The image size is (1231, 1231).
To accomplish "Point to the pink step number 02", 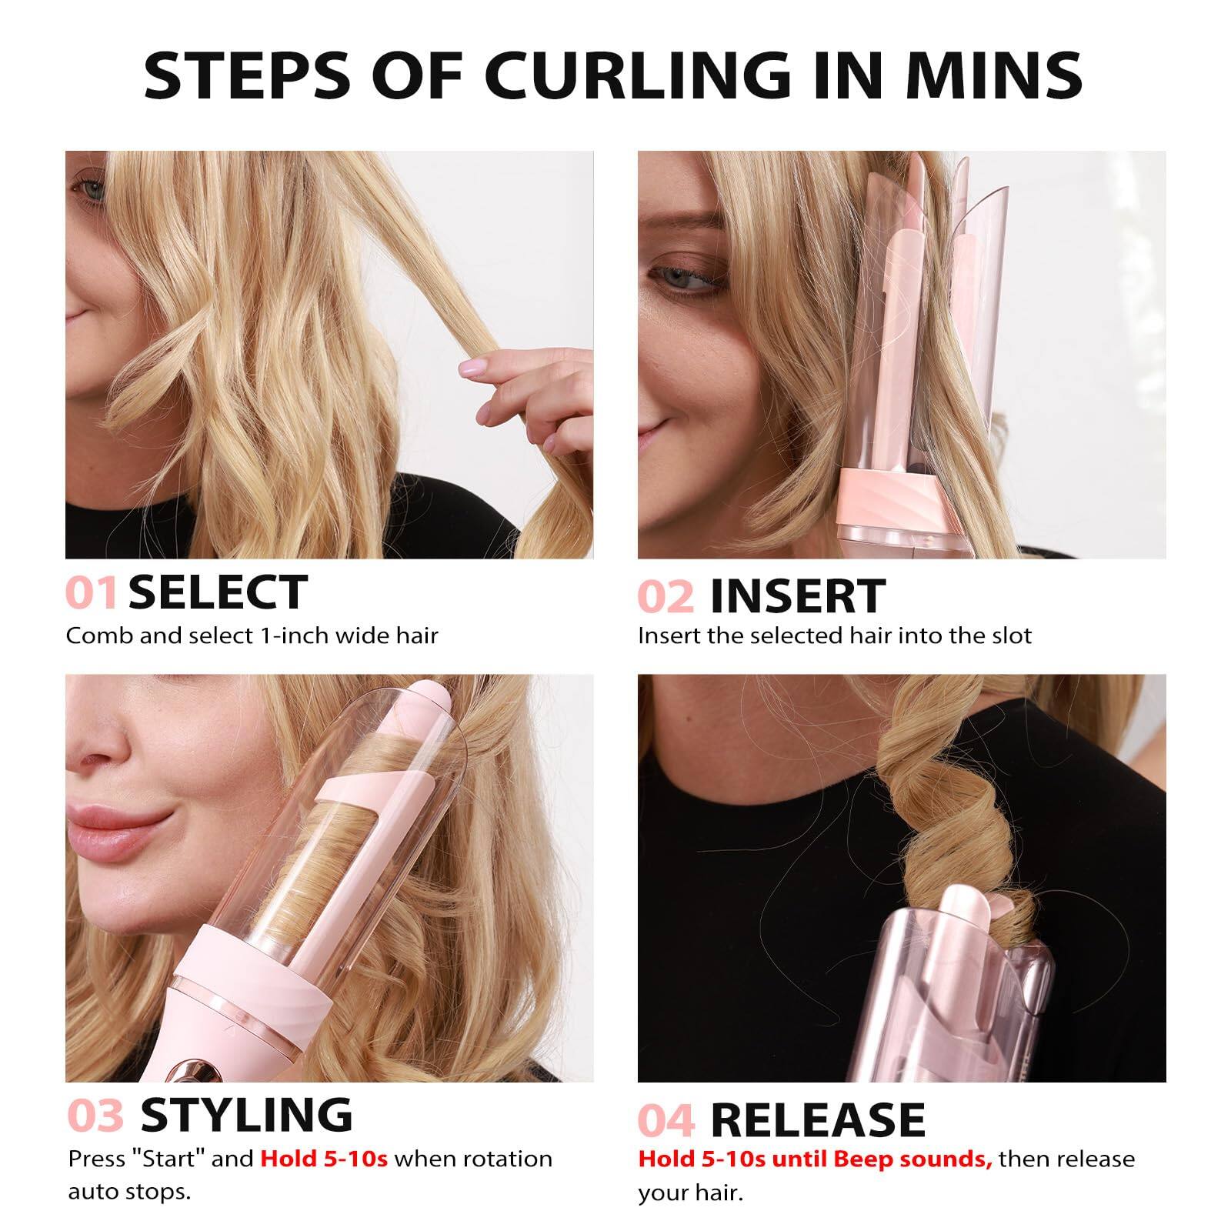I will pyautogui.click(x=666, y=596).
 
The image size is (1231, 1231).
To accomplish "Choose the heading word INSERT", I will pyautogui.click(x=797, y=596).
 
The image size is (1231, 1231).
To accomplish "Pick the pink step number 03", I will pyautogui.click(x=95, y=1116).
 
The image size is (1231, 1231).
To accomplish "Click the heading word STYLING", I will pyautogui.click(x=246, y=1116).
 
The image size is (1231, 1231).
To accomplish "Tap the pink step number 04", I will pyautogui.click(x=666, y=1120).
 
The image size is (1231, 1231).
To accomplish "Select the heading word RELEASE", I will pyautogui.click(x=817, y=1120).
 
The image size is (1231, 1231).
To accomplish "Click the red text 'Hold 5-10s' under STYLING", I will pyautogui.click(x=324, y=1159).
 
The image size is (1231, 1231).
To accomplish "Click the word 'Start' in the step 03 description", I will pyautogui.click(x=165, y=1159).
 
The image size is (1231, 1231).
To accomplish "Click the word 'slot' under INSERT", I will pyautogui.click(x=1012, y=636).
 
